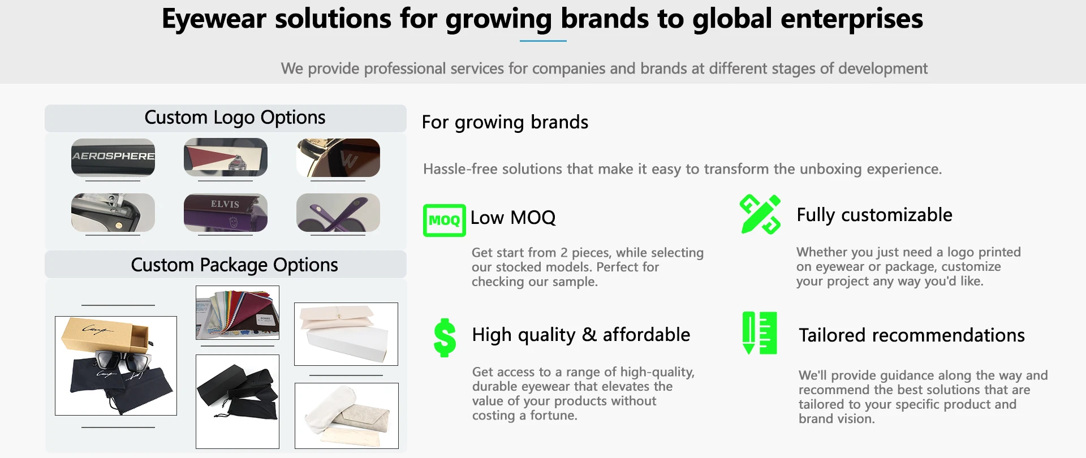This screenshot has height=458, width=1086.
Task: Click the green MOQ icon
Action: [444, 220]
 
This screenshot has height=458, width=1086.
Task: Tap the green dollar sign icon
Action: [445, 338]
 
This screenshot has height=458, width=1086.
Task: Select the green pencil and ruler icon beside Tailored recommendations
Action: [759, 333]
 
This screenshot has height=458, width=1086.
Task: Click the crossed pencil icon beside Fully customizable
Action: [760, 214]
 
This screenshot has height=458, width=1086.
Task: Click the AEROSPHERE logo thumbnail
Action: [113, 157]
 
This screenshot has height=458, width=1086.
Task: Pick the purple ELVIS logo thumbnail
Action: [225, 213]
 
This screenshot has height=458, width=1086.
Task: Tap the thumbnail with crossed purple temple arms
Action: [338, 213]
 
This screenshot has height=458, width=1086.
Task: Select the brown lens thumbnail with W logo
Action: [338, 158]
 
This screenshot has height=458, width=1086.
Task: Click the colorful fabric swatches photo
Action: [238, 313]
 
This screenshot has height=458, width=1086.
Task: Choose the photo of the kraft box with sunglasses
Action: [116, 366]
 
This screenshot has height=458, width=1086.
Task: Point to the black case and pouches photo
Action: [238, 401]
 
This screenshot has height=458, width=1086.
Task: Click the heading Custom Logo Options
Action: [235, 118]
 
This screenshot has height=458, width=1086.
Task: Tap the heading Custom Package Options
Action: [235, 265]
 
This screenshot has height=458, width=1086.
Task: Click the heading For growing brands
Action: [505, 122]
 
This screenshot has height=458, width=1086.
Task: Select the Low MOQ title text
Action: [513, 218]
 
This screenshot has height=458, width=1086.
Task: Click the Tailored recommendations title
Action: [912, 335]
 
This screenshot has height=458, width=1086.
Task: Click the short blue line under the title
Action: [543, 41]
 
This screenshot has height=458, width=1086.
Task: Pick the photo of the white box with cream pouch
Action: [346, 334]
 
